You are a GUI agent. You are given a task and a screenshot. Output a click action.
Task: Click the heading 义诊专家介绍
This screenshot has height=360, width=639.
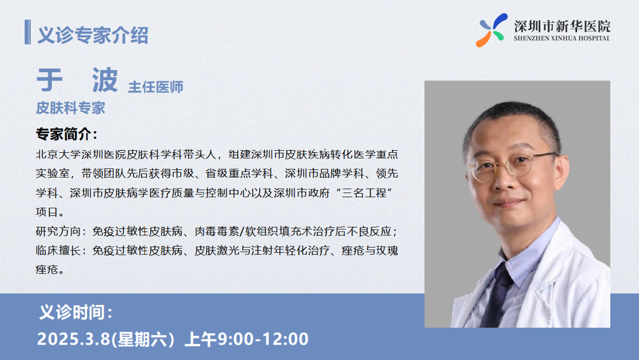(93, 35)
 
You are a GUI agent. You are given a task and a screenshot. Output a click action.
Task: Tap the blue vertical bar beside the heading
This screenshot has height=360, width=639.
(27, 32)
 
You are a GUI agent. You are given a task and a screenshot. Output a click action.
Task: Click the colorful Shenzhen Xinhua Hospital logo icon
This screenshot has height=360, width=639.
(491, 30)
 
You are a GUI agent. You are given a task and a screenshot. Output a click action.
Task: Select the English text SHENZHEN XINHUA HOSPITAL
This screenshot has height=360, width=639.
(562, 38)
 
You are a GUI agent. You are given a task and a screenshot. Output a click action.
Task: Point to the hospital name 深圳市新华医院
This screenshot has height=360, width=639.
(562, 26)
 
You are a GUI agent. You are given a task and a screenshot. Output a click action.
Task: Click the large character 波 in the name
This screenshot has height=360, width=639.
(105, 80)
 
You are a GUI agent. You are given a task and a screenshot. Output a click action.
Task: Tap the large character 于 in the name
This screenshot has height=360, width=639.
(49, 80)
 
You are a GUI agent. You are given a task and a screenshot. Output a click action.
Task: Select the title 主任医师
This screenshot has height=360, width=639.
(156, 87)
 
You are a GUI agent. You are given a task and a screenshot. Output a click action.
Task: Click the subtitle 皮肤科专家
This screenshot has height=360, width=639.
(70, 108)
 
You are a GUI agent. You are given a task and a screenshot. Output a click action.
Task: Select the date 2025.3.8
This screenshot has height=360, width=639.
(73, 339)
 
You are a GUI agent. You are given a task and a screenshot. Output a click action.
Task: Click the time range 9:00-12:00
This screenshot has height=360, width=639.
(263, 339)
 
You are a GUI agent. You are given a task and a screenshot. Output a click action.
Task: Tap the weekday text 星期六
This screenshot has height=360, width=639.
(142, 339)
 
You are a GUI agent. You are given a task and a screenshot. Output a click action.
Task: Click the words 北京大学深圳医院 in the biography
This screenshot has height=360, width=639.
(81, 155)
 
